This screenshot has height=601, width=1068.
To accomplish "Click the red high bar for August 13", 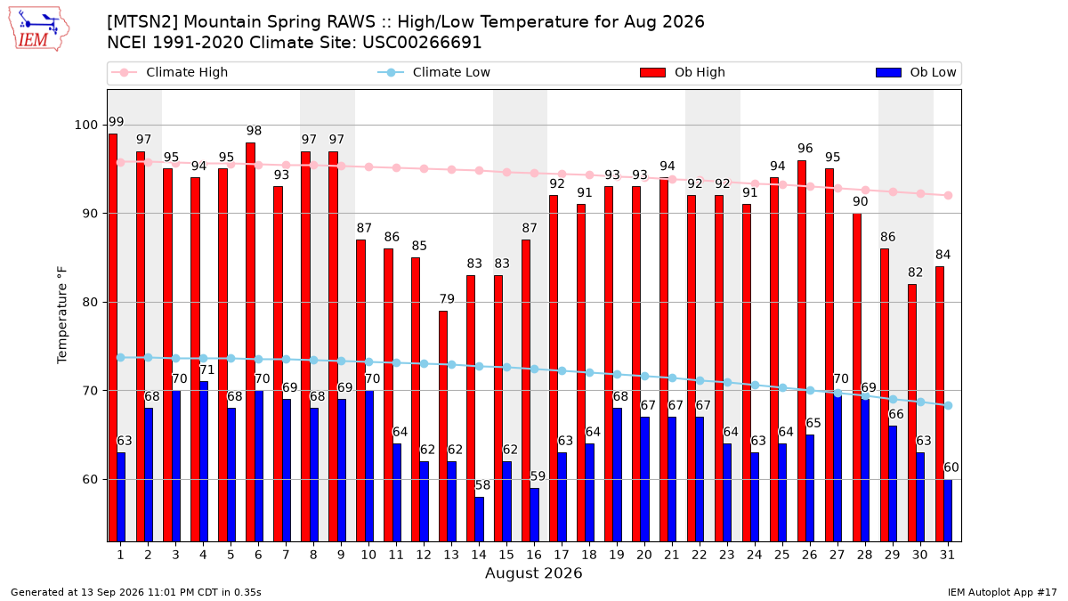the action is (x=443, y=426).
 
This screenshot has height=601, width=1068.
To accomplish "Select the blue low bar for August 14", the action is (x=479, y=519).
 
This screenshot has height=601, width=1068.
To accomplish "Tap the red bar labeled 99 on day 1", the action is (x=112, y=337).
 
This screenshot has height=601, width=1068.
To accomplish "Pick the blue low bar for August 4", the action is (x=204, y=461).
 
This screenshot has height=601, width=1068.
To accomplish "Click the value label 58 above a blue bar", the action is (x=482, y=485).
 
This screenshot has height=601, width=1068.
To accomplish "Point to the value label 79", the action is (x=447, y=299).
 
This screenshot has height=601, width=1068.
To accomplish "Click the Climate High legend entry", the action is (x=170, y=72).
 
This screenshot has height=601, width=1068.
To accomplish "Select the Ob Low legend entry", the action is (x=916, y=72).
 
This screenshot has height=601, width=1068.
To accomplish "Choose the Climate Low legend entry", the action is (x=434, y=72).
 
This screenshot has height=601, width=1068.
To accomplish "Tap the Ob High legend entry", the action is (x=683, y=72).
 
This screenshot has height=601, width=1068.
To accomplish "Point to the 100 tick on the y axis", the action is (x=85, y=125).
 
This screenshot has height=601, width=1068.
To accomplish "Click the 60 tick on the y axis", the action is (x=90, y=479).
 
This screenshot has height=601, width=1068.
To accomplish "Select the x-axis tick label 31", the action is (x=947, y=555).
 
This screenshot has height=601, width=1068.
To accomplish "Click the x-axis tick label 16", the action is (x=534, y=555).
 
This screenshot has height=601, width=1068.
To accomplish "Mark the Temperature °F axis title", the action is (x=62, y=315).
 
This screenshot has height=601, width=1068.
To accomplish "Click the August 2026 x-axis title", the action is (x=533, y=573).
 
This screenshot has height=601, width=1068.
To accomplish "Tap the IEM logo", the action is (x=38, y=29).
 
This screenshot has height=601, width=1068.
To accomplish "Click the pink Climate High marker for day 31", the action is (x=949, y=196).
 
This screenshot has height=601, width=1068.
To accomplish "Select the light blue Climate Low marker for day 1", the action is (x=121, y=357).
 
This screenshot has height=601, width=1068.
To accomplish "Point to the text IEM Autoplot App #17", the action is (x=1002, y=592).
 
